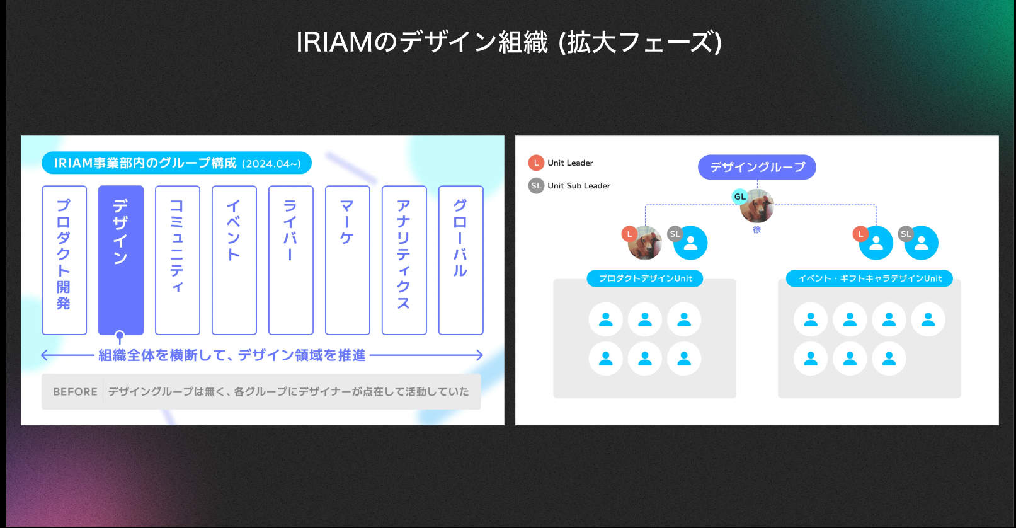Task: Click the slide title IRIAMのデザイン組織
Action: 422,42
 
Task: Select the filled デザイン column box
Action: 121,260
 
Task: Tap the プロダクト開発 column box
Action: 64,260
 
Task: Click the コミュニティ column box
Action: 178,260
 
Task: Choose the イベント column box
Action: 234,260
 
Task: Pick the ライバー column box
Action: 291,260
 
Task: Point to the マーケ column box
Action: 348,260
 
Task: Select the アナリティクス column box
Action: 404,260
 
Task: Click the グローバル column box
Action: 461,260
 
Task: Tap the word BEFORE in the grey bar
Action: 76,392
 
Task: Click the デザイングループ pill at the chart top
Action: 757,167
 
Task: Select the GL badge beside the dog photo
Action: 739,197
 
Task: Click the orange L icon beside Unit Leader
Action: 536,163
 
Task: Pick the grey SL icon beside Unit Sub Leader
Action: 536,185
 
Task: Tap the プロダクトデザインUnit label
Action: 645,278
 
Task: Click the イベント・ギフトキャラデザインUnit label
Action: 869,278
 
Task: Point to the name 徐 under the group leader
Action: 756,230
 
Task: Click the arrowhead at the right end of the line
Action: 481,355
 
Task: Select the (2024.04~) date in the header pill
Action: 271,164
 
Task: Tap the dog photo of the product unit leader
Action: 645,243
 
